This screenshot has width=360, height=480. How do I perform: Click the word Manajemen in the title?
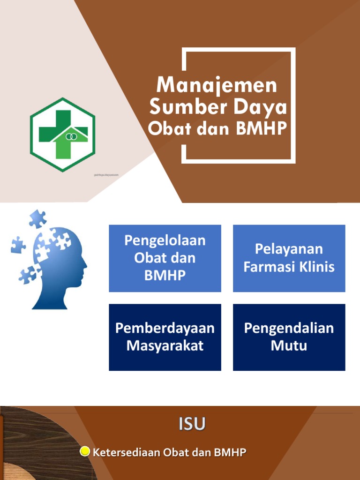pyautogui.click(x=217, y=86)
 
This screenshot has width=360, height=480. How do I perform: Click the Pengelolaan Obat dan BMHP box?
pyautogui.click(x=165, y=258)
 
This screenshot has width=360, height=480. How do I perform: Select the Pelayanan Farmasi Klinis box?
pyautogui.click(x=289, y=258)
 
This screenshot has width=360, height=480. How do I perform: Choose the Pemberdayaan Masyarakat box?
pyautogui.click(x=165, y=337)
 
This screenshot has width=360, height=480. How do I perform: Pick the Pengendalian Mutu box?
pyautogui.click(x=289, y=337)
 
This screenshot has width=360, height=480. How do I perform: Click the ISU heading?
pyautogui.click(x=191, y=424)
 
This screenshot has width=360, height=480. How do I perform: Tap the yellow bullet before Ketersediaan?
pyautogui.click(x=85, y=452)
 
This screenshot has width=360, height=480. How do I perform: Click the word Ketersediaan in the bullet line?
pyautogui.click(x=127, y=452)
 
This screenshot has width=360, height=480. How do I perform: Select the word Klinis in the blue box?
pyautogui.click(x=318, y=267)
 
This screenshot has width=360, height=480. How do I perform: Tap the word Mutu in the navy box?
pyautogui.click(x=289, y=346)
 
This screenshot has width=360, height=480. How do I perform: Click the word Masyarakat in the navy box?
pyautogui.click(x=165, y=346)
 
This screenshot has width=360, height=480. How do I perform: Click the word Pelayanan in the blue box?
pyautogui.click(x=289, y=249)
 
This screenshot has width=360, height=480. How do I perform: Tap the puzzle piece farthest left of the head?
pyautogui.click(x=18, y=244)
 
